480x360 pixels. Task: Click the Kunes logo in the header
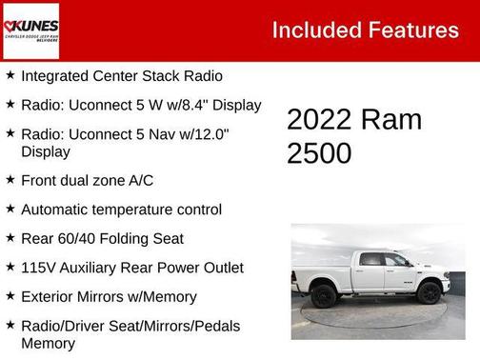[30, 30]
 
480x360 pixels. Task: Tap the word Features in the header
[410, 30]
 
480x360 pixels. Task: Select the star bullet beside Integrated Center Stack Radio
[10, 74]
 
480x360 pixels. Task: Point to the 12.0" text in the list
[210, 134]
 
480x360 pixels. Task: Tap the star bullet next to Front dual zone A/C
[10, 180]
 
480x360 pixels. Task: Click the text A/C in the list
[138, 180]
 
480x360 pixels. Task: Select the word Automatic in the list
[56, 210]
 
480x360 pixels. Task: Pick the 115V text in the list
[39, 268]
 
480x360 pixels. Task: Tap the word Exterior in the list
[49, 297]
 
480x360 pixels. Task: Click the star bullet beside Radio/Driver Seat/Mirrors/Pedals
[10, 326]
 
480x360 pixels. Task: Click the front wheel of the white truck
[430, 292]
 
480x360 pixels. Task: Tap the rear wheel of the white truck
[324, 295]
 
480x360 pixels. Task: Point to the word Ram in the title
[390, 120]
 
